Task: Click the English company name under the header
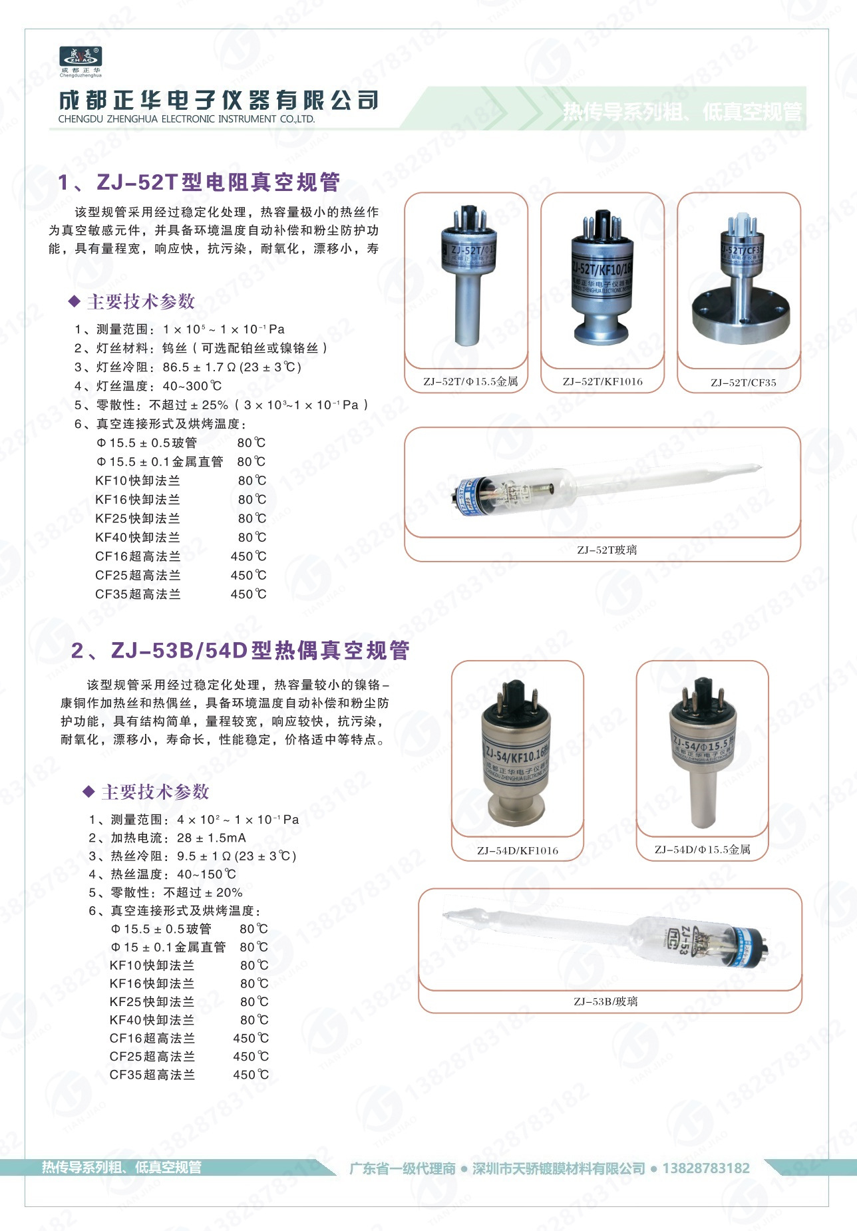point(186,119)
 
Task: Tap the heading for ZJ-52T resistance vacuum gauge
point(199,182)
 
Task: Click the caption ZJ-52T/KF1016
point(602,381)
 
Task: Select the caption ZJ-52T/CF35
point(743,383)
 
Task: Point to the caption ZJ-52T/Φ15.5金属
point(470,381)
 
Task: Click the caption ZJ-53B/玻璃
point(605,1001)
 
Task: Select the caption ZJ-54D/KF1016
point(517,850)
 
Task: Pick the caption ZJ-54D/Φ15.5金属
point(702,849)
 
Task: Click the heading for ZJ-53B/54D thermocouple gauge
point(240,650)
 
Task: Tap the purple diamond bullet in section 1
point(74,301)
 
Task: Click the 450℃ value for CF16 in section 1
point(248,556)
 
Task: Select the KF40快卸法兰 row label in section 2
point(152,1019)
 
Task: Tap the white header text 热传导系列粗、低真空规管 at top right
point(682,112)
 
